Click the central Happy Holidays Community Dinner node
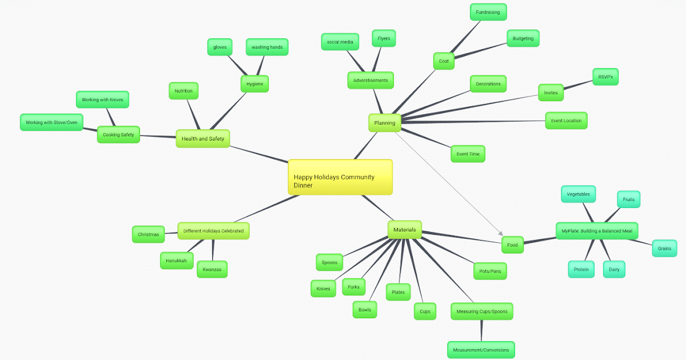coord(340,177)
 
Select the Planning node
coord(384,123)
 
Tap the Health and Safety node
coord(202,138)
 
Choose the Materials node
coord(404,230)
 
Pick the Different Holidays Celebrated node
coord(213,231)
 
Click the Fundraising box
coord(488,11)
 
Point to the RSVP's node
coord(605,77)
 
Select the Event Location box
coord(566,121)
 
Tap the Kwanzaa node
coord(212,269)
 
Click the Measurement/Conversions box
coord(480,350)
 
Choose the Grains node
coord(664,249)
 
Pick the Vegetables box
coord(578,194)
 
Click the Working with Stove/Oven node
coord(51,122)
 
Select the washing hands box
coord(267,47)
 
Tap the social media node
coord(340,42)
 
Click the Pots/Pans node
coord(490,271)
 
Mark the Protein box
coord(581,269)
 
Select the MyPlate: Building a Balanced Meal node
coord(596,231)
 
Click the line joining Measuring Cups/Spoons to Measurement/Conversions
coord(481,330)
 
